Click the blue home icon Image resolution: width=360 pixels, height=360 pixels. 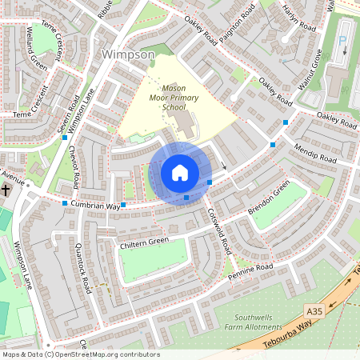(x=180, y=173)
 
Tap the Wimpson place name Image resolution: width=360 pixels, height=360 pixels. (x=129, y=54)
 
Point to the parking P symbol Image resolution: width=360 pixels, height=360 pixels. (x=344, y=42)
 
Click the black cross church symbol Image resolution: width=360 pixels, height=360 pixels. (x=6, y=190)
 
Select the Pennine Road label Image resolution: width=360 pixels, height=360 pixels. (x=250, y=270)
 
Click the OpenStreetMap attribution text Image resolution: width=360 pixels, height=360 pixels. (x=80, y=354)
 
